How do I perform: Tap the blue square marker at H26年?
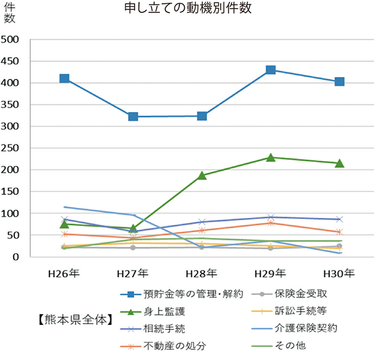point(64,79)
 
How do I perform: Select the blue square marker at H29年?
point(270,70)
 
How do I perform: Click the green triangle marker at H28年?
point(202,176)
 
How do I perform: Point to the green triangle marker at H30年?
point(339,163)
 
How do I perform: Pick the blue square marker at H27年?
point(133,116)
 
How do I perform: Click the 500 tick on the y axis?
point(12,39)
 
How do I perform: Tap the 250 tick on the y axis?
point(12,148)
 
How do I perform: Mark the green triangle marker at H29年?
point(270,158)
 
